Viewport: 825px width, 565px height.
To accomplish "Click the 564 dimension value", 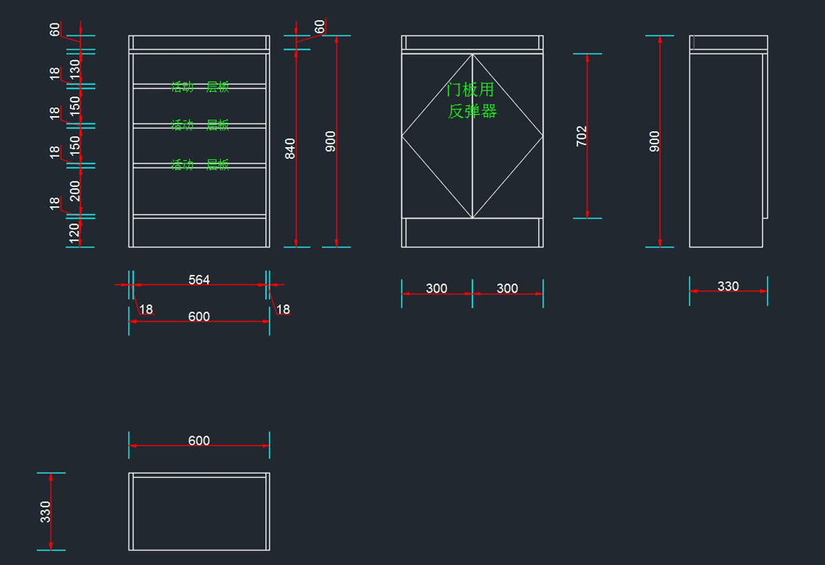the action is [199, 280].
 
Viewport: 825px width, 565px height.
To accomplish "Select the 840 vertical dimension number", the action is [290, 148].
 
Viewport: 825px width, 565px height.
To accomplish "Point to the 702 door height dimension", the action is [582, 135].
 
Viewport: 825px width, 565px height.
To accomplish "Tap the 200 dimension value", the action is [75, 190].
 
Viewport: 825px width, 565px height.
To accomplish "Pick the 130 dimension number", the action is [75, 67].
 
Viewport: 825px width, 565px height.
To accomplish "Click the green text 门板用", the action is [470, 90].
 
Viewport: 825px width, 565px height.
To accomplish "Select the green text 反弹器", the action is [472, 111].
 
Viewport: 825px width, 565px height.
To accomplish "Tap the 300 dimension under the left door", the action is [437, 289].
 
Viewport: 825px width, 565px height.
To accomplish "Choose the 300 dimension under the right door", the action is [507, 289].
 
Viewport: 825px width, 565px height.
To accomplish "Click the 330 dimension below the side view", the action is [728, 286].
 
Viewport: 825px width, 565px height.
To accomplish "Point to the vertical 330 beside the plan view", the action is [45, 511].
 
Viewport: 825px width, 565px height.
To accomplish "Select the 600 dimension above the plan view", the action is [199, 441].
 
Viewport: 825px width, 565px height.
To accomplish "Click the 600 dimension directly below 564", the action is [199, 317].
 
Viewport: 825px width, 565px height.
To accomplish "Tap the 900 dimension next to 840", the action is [331, 141].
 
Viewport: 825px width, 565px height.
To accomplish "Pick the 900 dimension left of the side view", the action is [654, 141].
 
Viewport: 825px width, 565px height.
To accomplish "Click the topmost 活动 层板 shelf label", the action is [200, 87].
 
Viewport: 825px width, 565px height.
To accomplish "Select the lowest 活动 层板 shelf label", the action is [200, 165].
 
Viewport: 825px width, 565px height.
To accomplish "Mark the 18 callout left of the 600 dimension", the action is [146, 309].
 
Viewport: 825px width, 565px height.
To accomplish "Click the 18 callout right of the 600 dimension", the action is [283, 309].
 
